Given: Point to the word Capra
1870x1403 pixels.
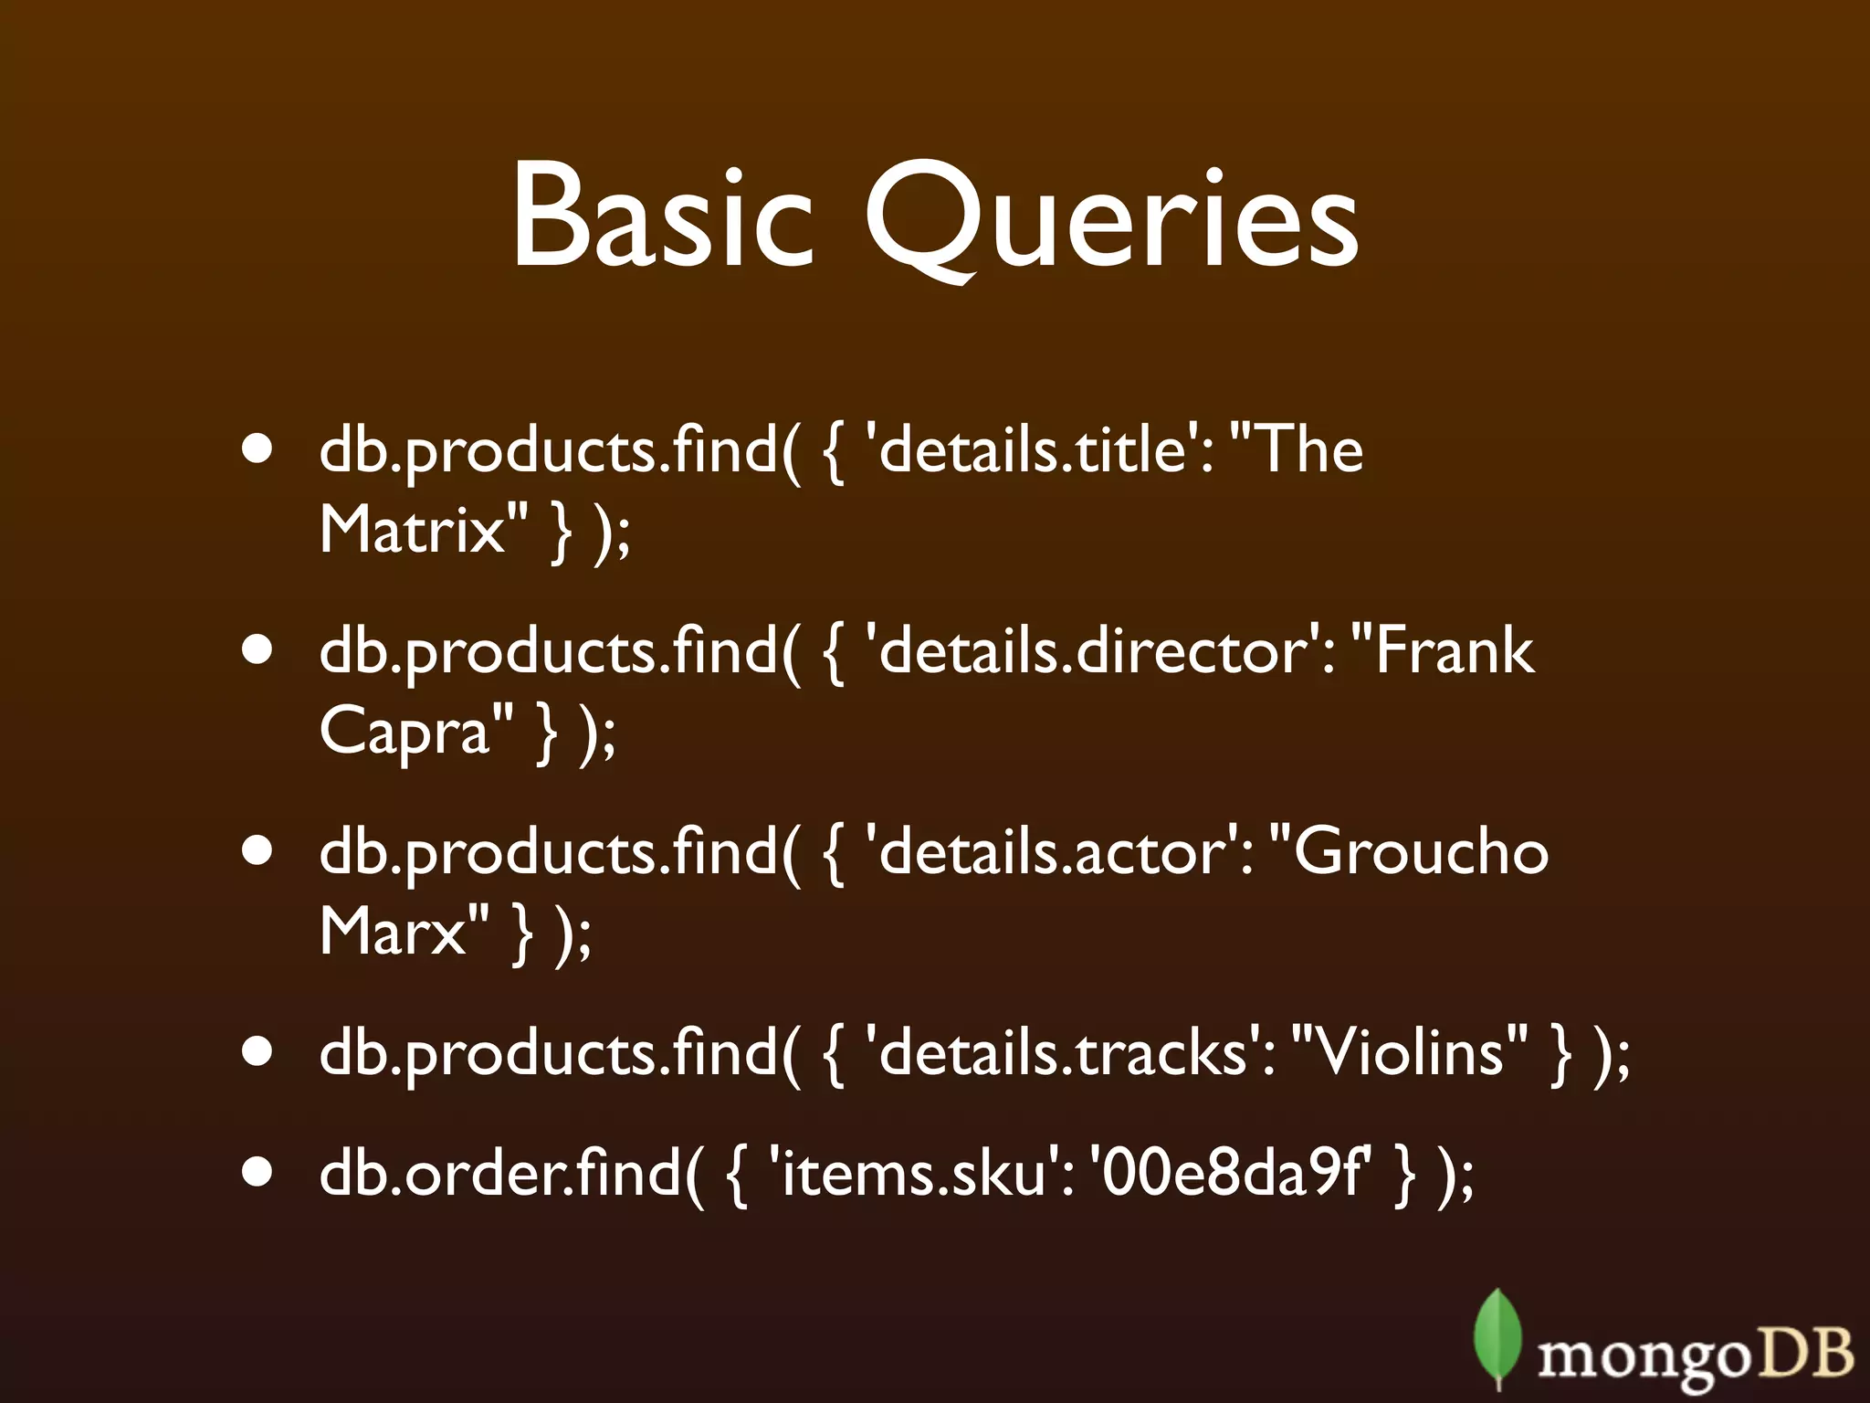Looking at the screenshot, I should coord(405,731).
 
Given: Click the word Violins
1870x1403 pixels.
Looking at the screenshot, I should coord(1412,1052).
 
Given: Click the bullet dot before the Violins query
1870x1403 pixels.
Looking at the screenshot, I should coord(258,1050).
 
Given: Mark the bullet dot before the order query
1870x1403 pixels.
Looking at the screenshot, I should coord(258,1171).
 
